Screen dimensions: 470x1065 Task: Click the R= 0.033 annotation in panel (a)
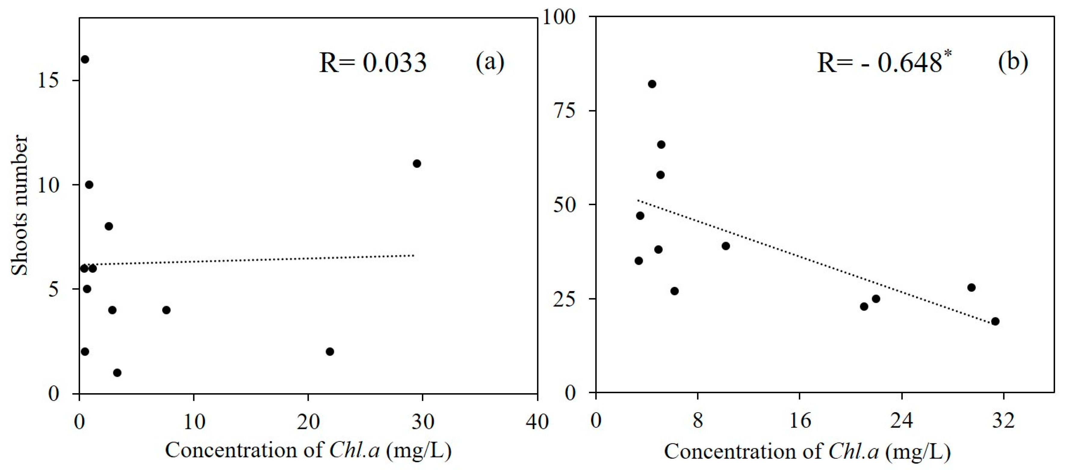pos(373,63)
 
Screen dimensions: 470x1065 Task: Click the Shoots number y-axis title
pos(20,205)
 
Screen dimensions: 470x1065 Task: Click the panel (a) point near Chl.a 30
pos(417,163)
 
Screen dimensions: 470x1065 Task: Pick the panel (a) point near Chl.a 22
pos(330,352)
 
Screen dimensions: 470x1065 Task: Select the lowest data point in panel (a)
pos(117,373)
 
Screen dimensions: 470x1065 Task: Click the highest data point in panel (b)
pos(652,84)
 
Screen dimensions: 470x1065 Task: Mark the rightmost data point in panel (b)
pos(995,321)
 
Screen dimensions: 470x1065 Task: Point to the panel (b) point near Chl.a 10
pos(726,246)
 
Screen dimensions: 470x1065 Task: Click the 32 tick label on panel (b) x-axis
pos(1003,421)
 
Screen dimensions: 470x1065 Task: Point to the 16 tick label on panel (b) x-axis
pos(800,421)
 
